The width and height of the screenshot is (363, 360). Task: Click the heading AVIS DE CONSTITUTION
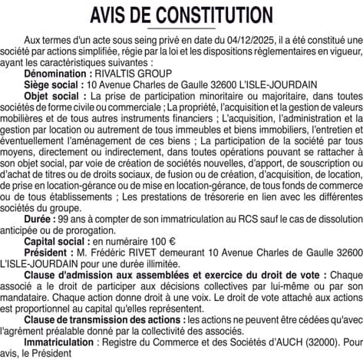(181, 15)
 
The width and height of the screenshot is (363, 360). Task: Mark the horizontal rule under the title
(181, 27)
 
